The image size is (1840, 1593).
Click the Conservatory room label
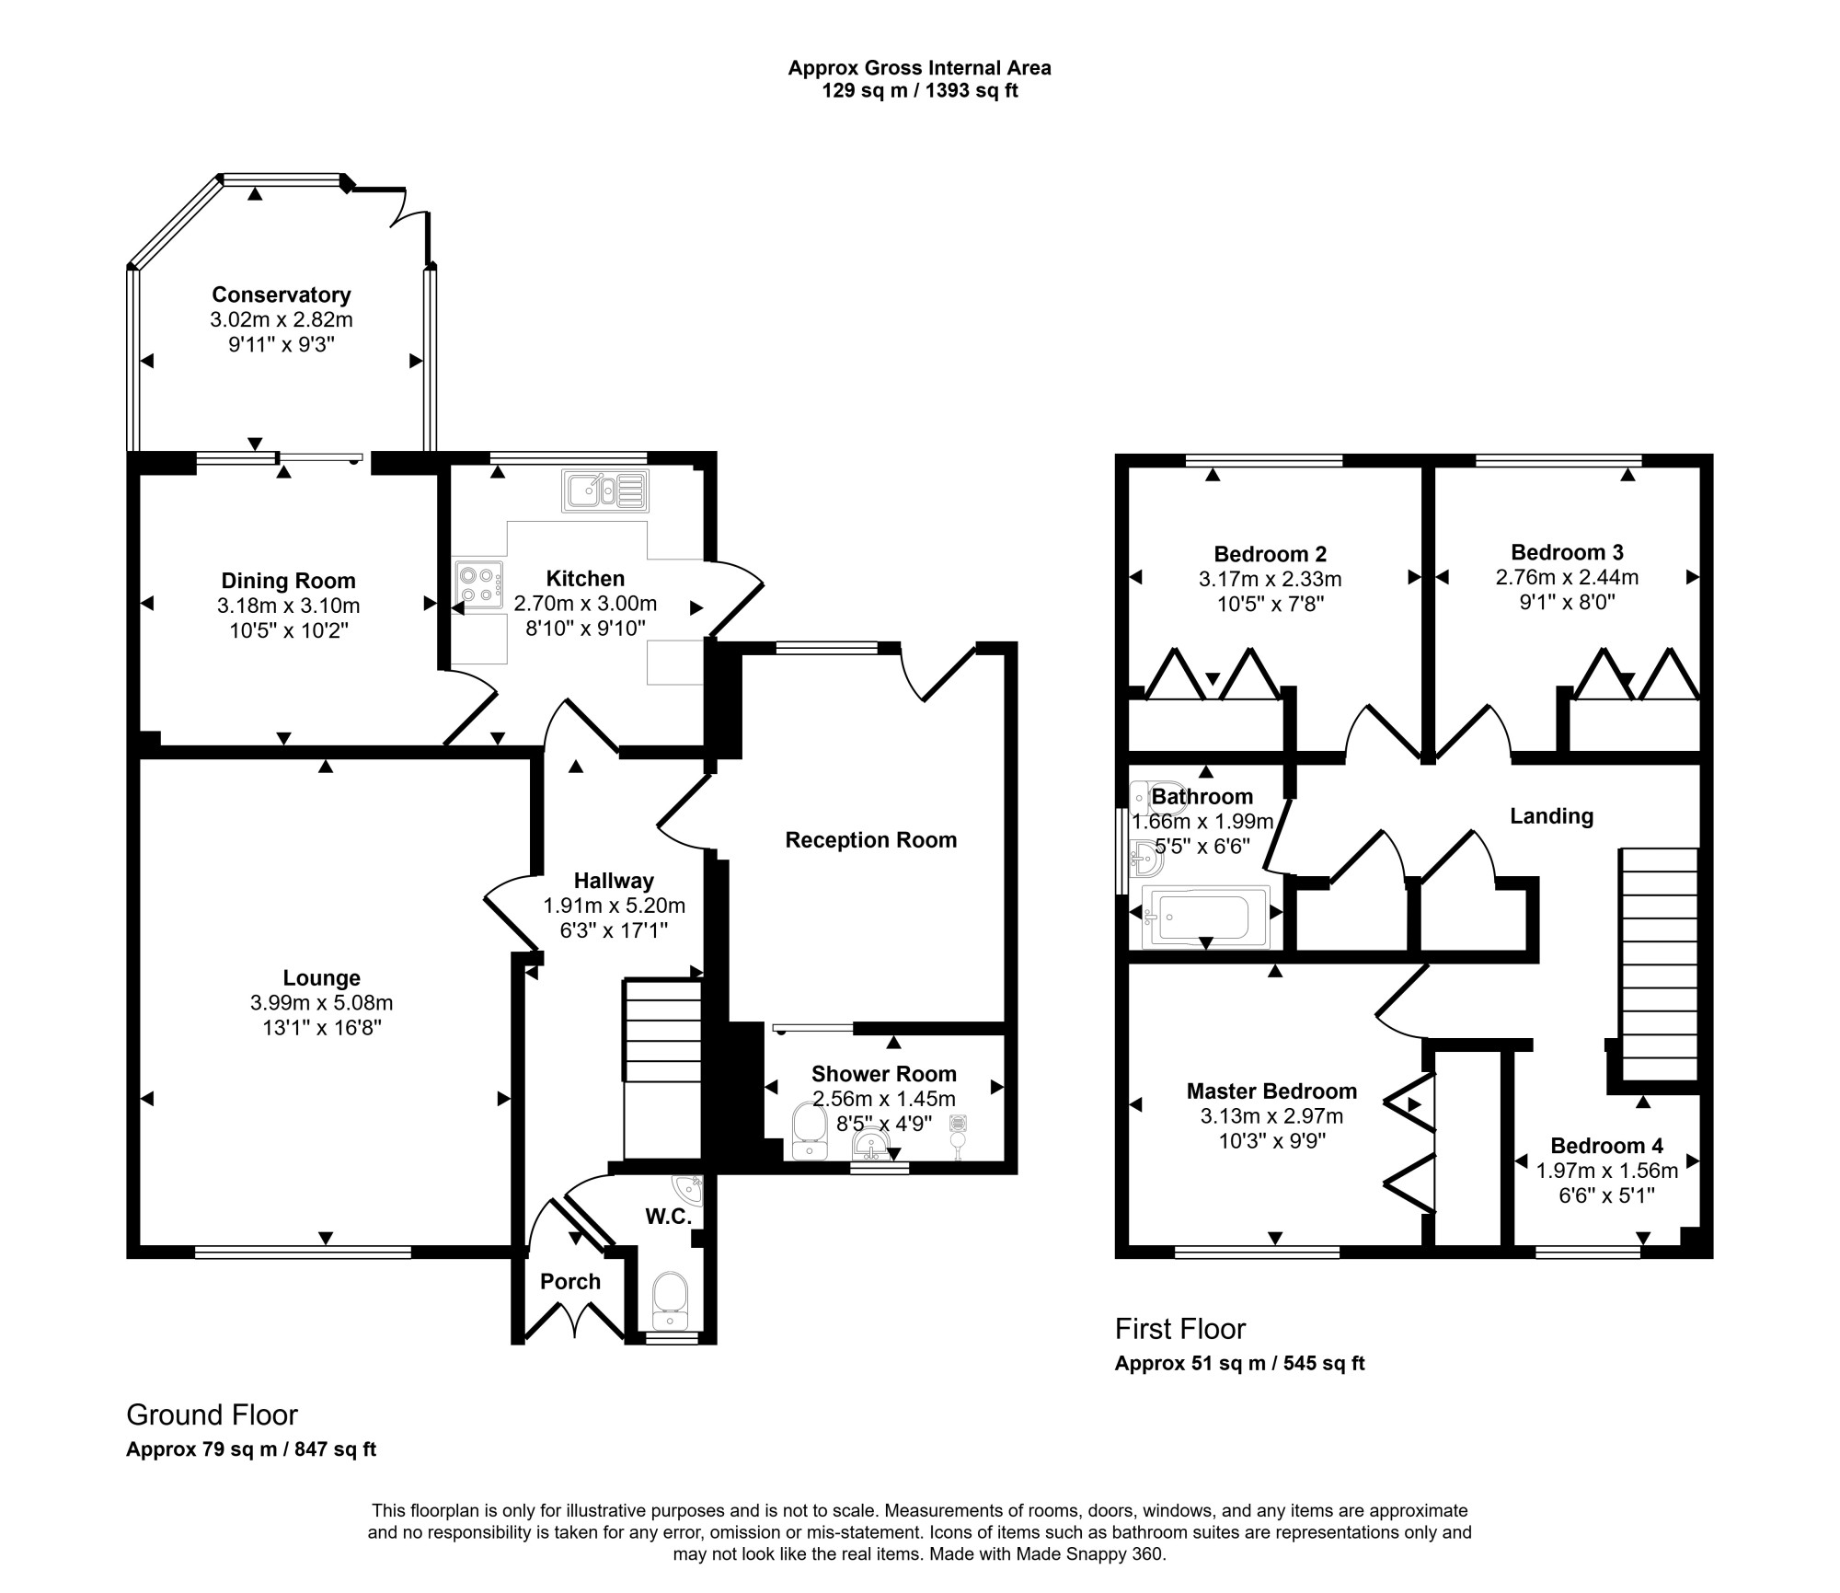click(282, 294)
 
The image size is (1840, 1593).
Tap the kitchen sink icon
click(605, 491)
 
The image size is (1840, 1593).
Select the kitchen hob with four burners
click(478, 584)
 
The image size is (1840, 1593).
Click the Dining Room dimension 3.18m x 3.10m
click(288, 606)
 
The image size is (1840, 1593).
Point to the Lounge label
click(322, 978)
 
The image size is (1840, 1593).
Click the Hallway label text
click(614, 881)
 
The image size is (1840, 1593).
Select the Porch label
click(570, 1282)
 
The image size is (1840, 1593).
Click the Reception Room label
click(871, 840)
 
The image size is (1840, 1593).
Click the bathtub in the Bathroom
click(1205, 917)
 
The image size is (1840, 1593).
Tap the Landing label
click(1552, 816)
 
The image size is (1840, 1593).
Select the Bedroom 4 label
click(1606, 1146)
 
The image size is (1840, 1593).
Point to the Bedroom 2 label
click(1271, 554)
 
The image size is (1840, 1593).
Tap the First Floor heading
click(1180, 1329)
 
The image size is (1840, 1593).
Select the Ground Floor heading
click(212, 1414)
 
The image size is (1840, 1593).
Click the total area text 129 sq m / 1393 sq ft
click(920, 91)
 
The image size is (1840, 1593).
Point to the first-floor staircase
click(1659, 964)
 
